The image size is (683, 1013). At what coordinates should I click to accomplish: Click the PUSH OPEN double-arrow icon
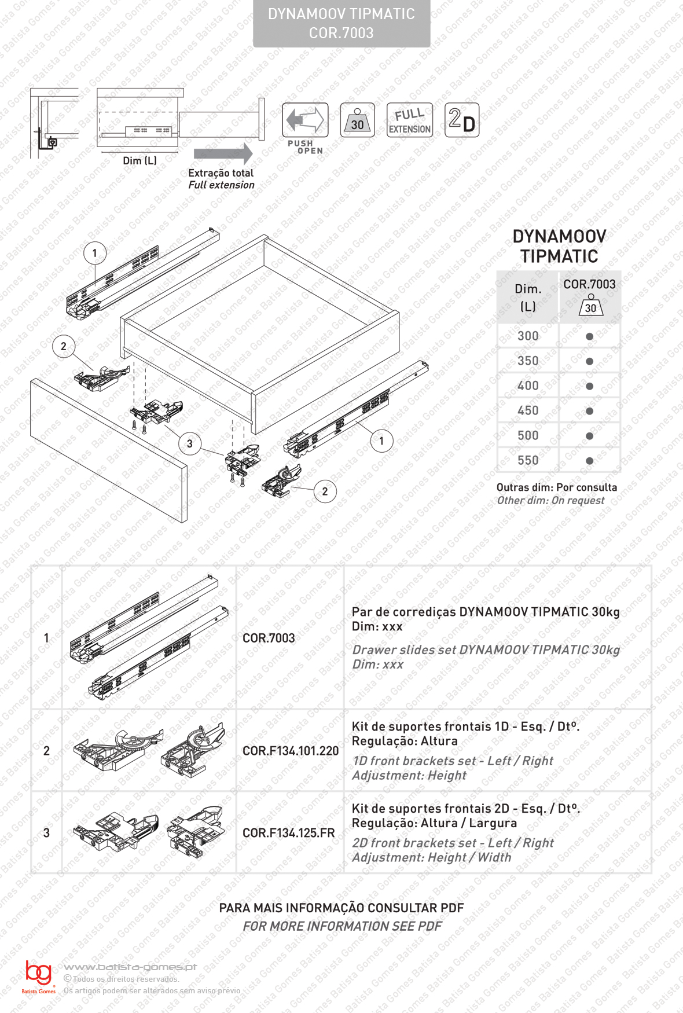305,120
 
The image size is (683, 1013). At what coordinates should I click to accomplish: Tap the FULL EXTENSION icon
410,120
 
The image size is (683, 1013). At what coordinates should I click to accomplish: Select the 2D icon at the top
462,120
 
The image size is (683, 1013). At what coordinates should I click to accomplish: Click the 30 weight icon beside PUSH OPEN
357,120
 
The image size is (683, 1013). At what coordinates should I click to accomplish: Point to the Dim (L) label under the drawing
139,160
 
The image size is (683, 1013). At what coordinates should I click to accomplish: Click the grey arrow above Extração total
223,153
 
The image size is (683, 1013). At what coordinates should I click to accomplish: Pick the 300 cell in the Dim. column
528,336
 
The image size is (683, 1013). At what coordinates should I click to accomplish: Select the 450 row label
528,410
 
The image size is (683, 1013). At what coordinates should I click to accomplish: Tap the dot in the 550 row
589,461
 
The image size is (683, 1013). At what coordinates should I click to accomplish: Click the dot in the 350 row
589,361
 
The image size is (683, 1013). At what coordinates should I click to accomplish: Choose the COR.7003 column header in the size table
589,284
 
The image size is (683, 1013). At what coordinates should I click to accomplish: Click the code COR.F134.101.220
291,751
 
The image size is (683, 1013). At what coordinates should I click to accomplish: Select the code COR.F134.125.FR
289,833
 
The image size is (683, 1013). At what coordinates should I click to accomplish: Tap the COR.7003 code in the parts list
269,638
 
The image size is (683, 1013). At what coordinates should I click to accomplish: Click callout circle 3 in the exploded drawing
189,444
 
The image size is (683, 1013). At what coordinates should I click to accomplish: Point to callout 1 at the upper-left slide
95,253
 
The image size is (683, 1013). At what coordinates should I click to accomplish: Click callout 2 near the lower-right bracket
325,491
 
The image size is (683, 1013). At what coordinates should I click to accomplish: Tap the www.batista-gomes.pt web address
130,967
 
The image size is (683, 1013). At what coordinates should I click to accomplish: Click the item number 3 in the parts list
47,833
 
